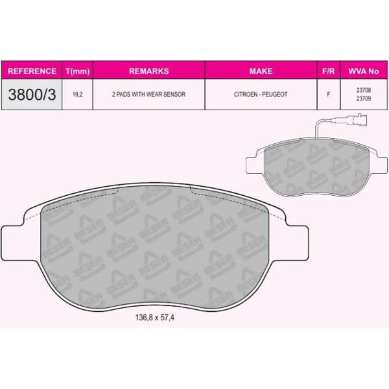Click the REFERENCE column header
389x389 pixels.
[x=32, y=71]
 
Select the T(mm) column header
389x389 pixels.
[x=77, y=71]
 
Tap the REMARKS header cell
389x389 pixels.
[x=149, y=71]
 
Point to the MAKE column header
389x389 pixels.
[x=261, y=71]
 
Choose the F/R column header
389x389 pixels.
[x=329, y=71]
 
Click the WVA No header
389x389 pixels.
[x=364, y=71]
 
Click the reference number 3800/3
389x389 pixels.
[x=32, y=95]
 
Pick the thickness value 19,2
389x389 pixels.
[x=77, y=95]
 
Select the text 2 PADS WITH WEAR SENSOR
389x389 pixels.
[x=149, y=94]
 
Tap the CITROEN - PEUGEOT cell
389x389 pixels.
[x=261, y=94]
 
